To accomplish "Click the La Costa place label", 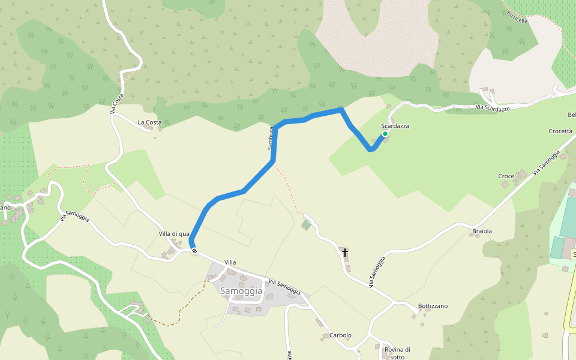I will (x=149, y=122).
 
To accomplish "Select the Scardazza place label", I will (x=395, y=127).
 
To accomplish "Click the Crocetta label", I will (x=560, y=131).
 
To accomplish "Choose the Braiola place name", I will (x=482, y=231).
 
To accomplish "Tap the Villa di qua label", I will (x=174, y=233).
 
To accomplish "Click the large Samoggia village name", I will (x=241, y=291).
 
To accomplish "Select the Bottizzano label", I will (x=433, y=306).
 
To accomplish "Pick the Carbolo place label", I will (x=340, y=335).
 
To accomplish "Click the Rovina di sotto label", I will (x=397, y=353).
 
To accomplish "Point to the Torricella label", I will (x=517, y=16).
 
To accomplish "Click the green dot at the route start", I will (x=385, y=134).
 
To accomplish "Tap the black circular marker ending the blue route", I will (x=194, y=251).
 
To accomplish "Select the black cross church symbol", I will (x=345, y=253).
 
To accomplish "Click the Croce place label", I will (x=506, y=176).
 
